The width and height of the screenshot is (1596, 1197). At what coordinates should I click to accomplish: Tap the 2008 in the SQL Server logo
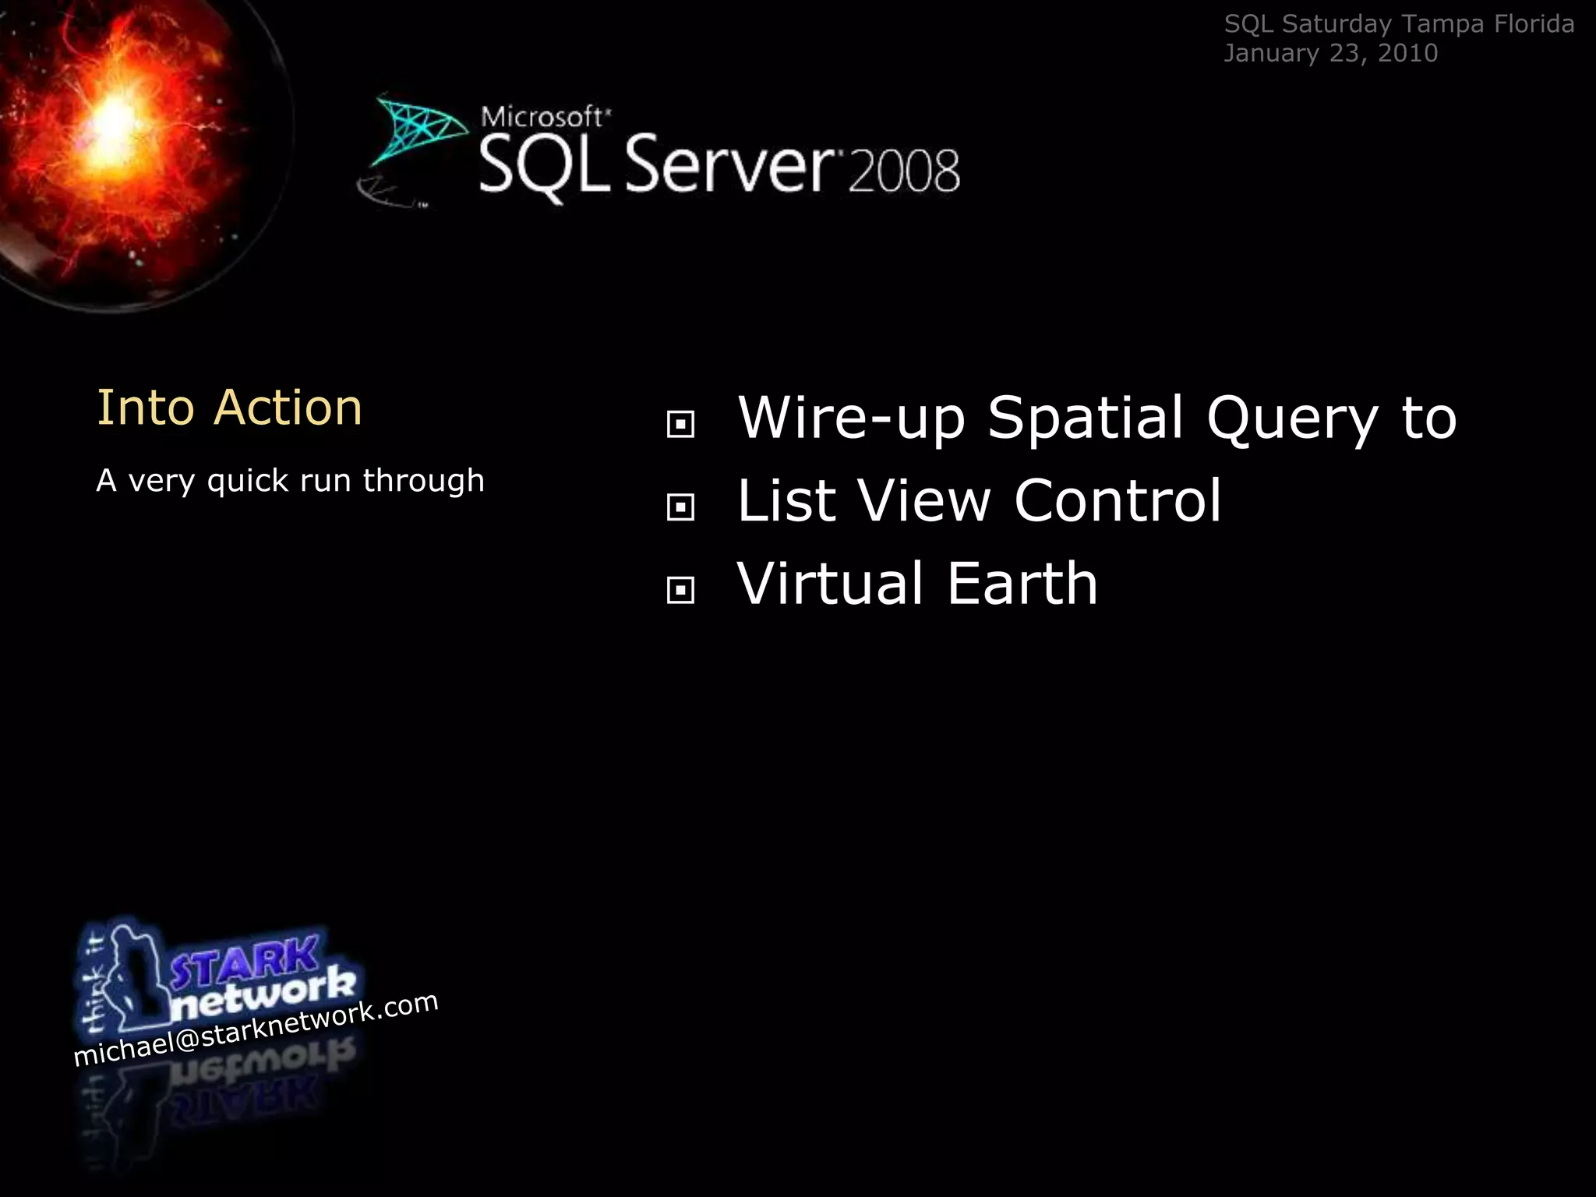pyautogui.click(x=904, y=171)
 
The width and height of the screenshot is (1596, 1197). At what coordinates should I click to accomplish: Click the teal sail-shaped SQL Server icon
pyautogui.click(x=417, y=129)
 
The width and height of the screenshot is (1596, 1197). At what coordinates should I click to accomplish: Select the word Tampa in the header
pyautogui.click(x=1442, y=24)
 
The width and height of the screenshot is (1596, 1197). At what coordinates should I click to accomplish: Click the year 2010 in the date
pyautogui.click(x=1407, y=53)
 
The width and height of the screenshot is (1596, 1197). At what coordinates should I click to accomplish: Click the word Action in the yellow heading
pyautogui.click(x=288, y=408)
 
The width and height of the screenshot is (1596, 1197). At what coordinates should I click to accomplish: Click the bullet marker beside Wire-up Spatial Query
pyautogui.click(x=680, y=425)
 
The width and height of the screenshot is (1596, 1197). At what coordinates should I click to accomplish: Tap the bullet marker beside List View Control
pyautogui.click(x=680, y=507)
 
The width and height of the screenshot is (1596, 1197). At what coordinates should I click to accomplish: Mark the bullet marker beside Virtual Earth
pyautogui.click(x=680, y=590)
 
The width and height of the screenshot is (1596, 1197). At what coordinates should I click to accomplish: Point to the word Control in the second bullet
pyautogui.click(x=1118, y=500)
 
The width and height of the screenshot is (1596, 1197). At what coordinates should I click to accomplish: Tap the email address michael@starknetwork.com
pyautogui.click(x=256, y=1029)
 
